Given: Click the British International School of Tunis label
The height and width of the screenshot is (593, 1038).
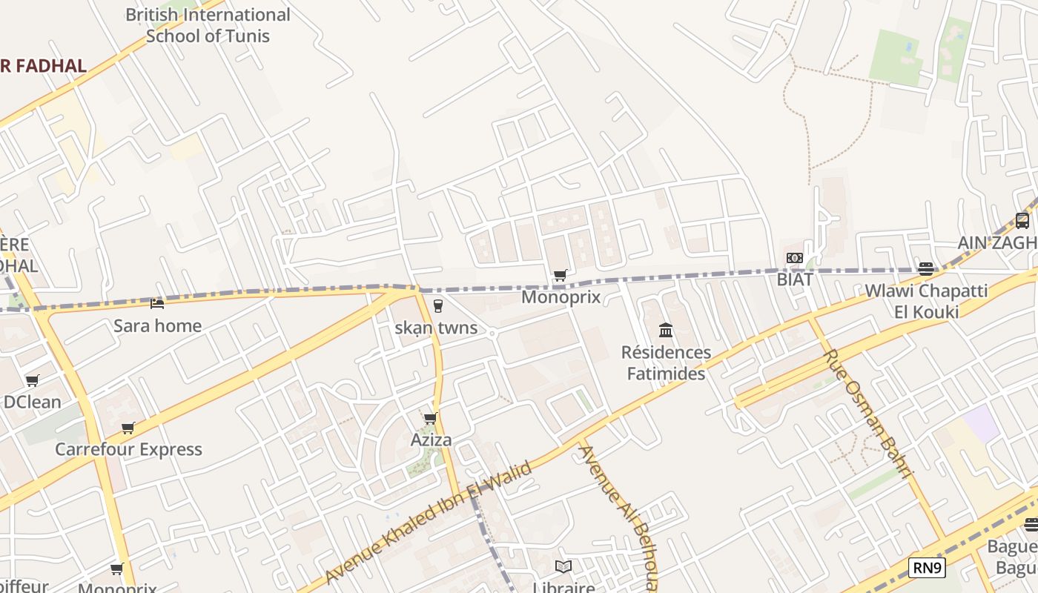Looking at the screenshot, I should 208,25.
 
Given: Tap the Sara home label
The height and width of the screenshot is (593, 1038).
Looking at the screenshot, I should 157,325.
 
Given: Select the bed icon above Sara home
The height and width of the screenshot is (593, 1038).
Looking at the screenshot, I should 157,303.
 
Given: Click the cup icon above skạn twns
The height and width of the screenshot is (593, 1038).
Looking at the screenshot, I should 437,305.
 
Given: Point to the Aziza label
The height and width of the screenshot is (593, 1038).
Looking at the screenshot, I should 431,440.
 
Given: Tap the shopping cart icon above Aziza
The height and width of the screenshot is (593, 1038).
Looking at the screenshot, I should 430,418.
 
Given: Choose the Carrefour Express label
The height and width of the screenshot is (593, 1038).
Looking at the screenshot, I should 128,449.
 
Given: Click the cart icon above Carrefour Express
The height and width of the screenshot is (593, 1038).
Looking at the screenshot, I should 128,428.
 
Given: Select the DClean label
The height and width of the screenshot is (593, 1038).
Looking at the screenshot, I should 32,402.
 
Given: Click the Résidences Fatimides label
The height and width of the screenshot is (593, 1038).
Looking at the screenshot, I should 666,362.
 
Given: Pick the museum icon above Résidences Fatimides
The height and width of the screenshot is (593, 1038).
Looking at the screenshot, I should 666,330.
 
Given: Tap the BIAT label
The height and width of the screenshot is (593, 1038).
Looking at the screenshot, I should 795,279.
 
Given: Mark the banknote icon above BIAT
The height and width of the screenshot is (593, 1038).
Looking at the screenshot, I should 795,258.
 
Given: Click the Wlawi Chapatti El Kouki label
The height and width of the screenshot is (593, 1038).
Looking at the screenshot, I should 926,300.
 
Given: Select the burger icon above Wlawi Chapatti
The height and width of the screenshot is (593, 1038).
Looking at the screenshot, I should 925,268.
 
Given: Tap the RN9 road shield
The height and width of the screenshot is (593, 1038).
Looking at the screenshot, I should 927,569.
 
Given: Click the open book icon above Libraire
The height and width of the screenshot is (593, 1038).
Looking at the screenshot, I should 563,566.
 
